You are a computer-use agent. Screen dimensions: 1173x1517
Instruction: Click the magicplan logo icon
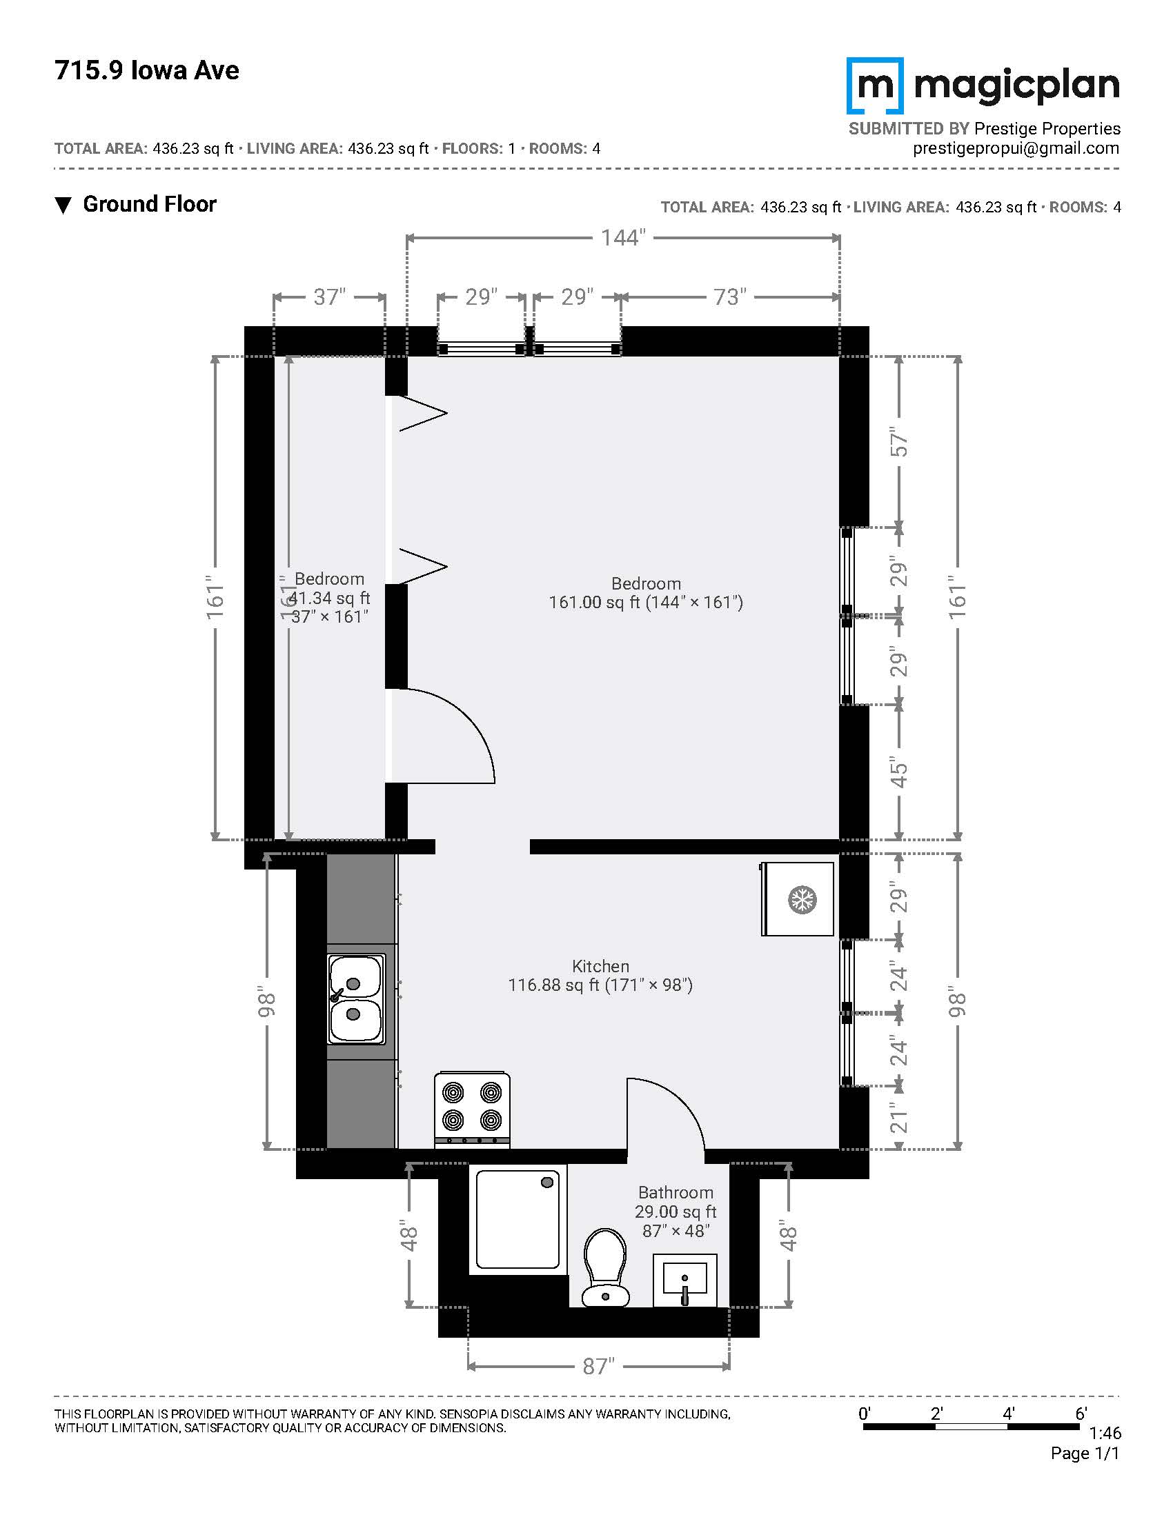click(875, 86)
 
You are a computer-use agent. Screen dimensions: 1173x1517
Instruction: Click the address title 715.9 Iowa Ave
click(146, 70)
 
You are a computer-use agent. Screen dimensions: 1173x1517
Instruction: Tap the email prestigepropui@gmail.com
click(1016, 148)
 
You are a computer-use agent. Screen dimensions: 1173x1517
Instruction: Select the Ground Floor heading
click(150, 204)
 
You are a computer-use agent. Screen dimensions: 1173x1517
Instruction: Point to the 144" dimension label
click(623, 239)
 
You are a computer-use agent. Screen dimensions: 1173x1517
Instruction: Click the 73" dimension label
click(729, 297)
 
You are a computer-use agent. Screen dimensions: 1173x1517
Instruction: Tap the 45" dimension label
click(899, 772)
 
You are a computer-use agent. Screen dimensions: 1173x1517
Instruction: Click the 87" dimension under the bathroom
click(598, 1366)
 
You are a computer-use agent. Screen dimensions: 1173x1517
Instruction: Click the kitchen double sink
click(356, 1000)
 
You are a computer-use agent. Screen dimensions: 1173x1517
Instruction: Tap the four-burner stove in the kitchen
click(472, 1110)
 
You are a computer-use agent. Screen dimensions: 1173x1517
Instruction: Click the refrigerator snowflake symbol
click(801, 899)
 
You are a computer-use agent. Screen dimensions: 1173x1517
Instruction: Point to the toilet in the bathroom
click(604, 1268)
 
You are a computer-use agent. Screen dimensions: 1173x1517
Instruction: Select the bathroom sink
click(684, 1280)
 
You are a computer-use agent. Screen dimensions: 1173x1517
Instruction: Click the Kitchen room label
click(600, 966)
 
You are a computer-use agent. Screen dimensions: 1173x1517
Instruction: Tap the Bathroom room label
click(676, 1193)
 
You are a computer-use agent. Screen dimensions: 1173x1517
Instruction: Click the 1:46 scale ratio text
click(1105, 1432)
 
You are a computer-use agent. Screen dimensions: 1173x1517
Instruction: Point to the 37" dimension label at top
click(329, 297)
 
